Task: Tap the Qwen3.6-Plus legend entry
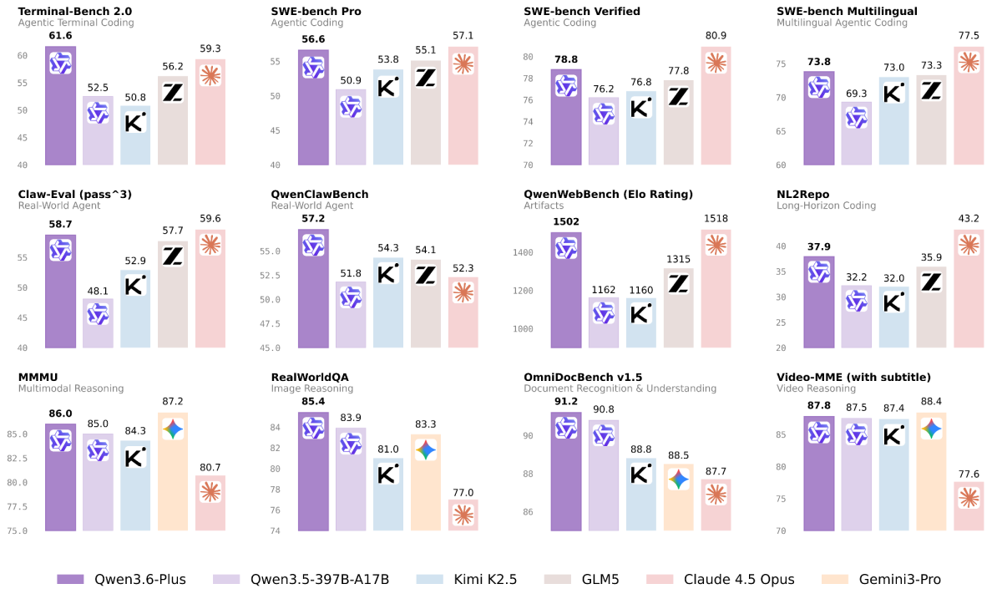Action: click(x=122, y=579)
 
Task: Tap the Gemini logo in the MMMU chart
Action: click(x=173, y=429)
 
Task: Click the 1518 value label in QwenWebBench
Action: click(x=716, y=221)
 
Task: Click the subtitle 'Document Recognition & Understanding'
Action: click(x=620, y=388)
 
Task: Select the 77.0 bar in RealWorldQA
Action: click(x=463, y=515)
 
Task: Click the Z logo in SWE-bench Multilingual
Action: click(x=931, y=91)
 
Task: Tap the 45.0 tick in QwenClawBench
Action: click(x=281, y=348)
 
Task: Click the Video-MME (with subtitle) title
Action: click(x=853, y=377)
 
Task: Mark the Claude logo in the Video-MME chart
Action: click(x=969, y=498)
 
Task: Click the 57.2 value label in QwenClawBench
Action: click(x=312, y=220)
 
